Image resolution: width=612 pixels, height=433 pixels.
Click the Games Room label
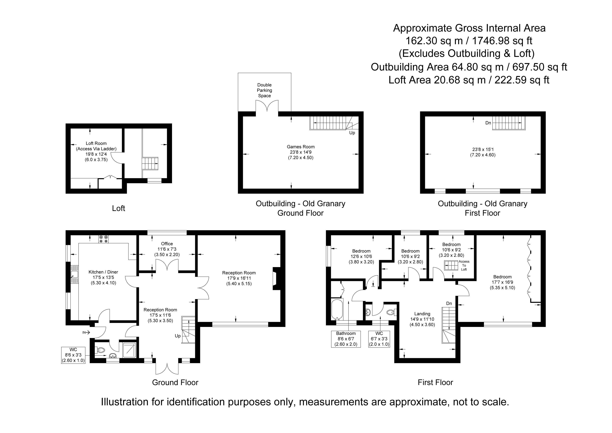(301, 147)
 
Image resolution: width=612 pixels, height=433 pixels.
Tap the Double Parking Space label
(264, 90)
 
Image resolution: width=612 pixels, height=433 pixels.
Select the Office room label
(167, 244)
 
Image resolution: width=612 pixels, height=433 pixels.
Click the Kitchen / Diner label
(103, 272)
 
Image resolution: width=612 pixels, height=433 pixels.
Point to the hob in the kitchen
(103, 239)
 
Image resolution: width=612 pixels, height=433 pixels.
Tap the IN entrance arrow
(86, 333)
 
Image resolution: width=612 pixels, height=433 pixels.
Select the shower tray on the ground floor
(129, 350)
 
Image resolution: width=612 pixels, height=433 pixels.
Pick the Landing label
(422, 314)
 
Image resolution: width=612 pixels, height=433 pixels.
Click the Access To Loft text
(464, 266)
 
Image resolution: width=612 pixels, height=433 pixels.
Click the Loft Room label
(96, 143)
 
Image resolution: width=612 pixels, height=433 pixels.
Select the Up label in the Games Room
(352, 133)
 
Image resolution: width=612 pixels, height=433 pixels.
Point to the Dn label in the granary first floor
(488, 123)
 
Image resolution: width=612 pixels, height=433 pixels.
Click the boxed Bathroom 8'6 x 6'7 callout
(346, 339)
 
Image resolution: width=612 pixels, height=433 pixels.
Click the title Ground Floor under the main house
(175, 383)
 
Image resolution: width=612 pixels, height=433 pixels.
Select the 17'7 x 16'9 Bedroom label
(502, 282)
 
